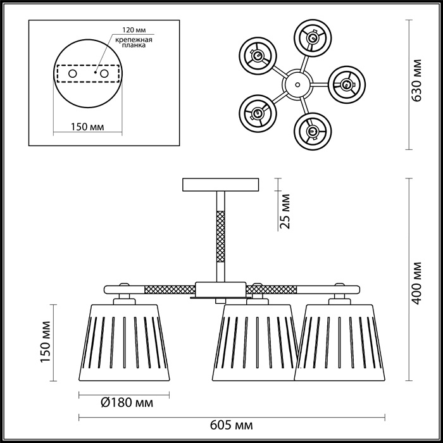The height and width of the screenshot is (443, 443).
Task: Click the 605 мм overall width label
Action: (231, 425)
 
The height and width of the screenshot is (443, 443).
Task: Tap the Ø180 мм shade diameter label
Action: (127, 402)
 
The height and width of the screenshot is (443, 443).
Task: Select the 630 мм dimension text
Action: (416, 80)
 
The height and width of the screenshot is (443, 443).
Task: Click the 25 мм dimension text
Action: (285, 211)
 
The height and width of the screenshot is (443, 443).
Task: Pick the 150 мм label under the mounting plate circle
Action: (87, 127)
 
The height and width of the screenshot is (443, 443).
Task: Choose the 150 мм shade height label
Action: (45, 342)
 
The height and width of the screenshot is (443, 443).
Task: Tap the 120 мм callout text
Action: (134, 30)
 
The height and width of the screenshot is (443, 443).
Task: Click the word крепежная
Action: (134, 40)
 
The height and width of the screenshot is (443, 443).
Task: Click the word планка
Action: (134, 45)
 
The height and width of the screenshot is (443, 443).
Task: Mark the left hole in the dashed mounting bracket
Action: (73, 74)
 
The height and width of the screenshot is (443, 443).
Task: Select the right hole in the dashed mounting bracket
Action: (104, 74)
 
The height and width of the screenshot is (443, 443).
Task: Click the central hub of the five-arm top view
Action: (297, 84)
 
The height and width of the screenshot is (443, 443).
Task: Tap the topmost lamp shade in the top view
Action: (313, 37)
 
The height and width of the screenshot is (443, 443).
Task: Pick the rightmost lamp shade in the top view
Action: (347, 84)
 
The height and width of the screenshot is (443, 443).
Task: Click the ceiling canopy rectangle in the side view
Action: (221, 185)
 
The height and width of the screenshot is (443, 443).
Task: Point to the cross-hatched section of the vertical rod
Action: (220, 237)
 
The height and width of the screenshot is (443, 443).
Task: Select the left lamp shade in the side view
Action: (124, 342)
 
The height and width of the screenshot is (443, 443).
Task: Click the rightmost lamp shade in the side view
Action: (340, 342)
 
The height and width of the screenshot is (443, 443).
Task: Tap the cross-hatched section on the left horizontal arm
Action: (170, 289)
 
